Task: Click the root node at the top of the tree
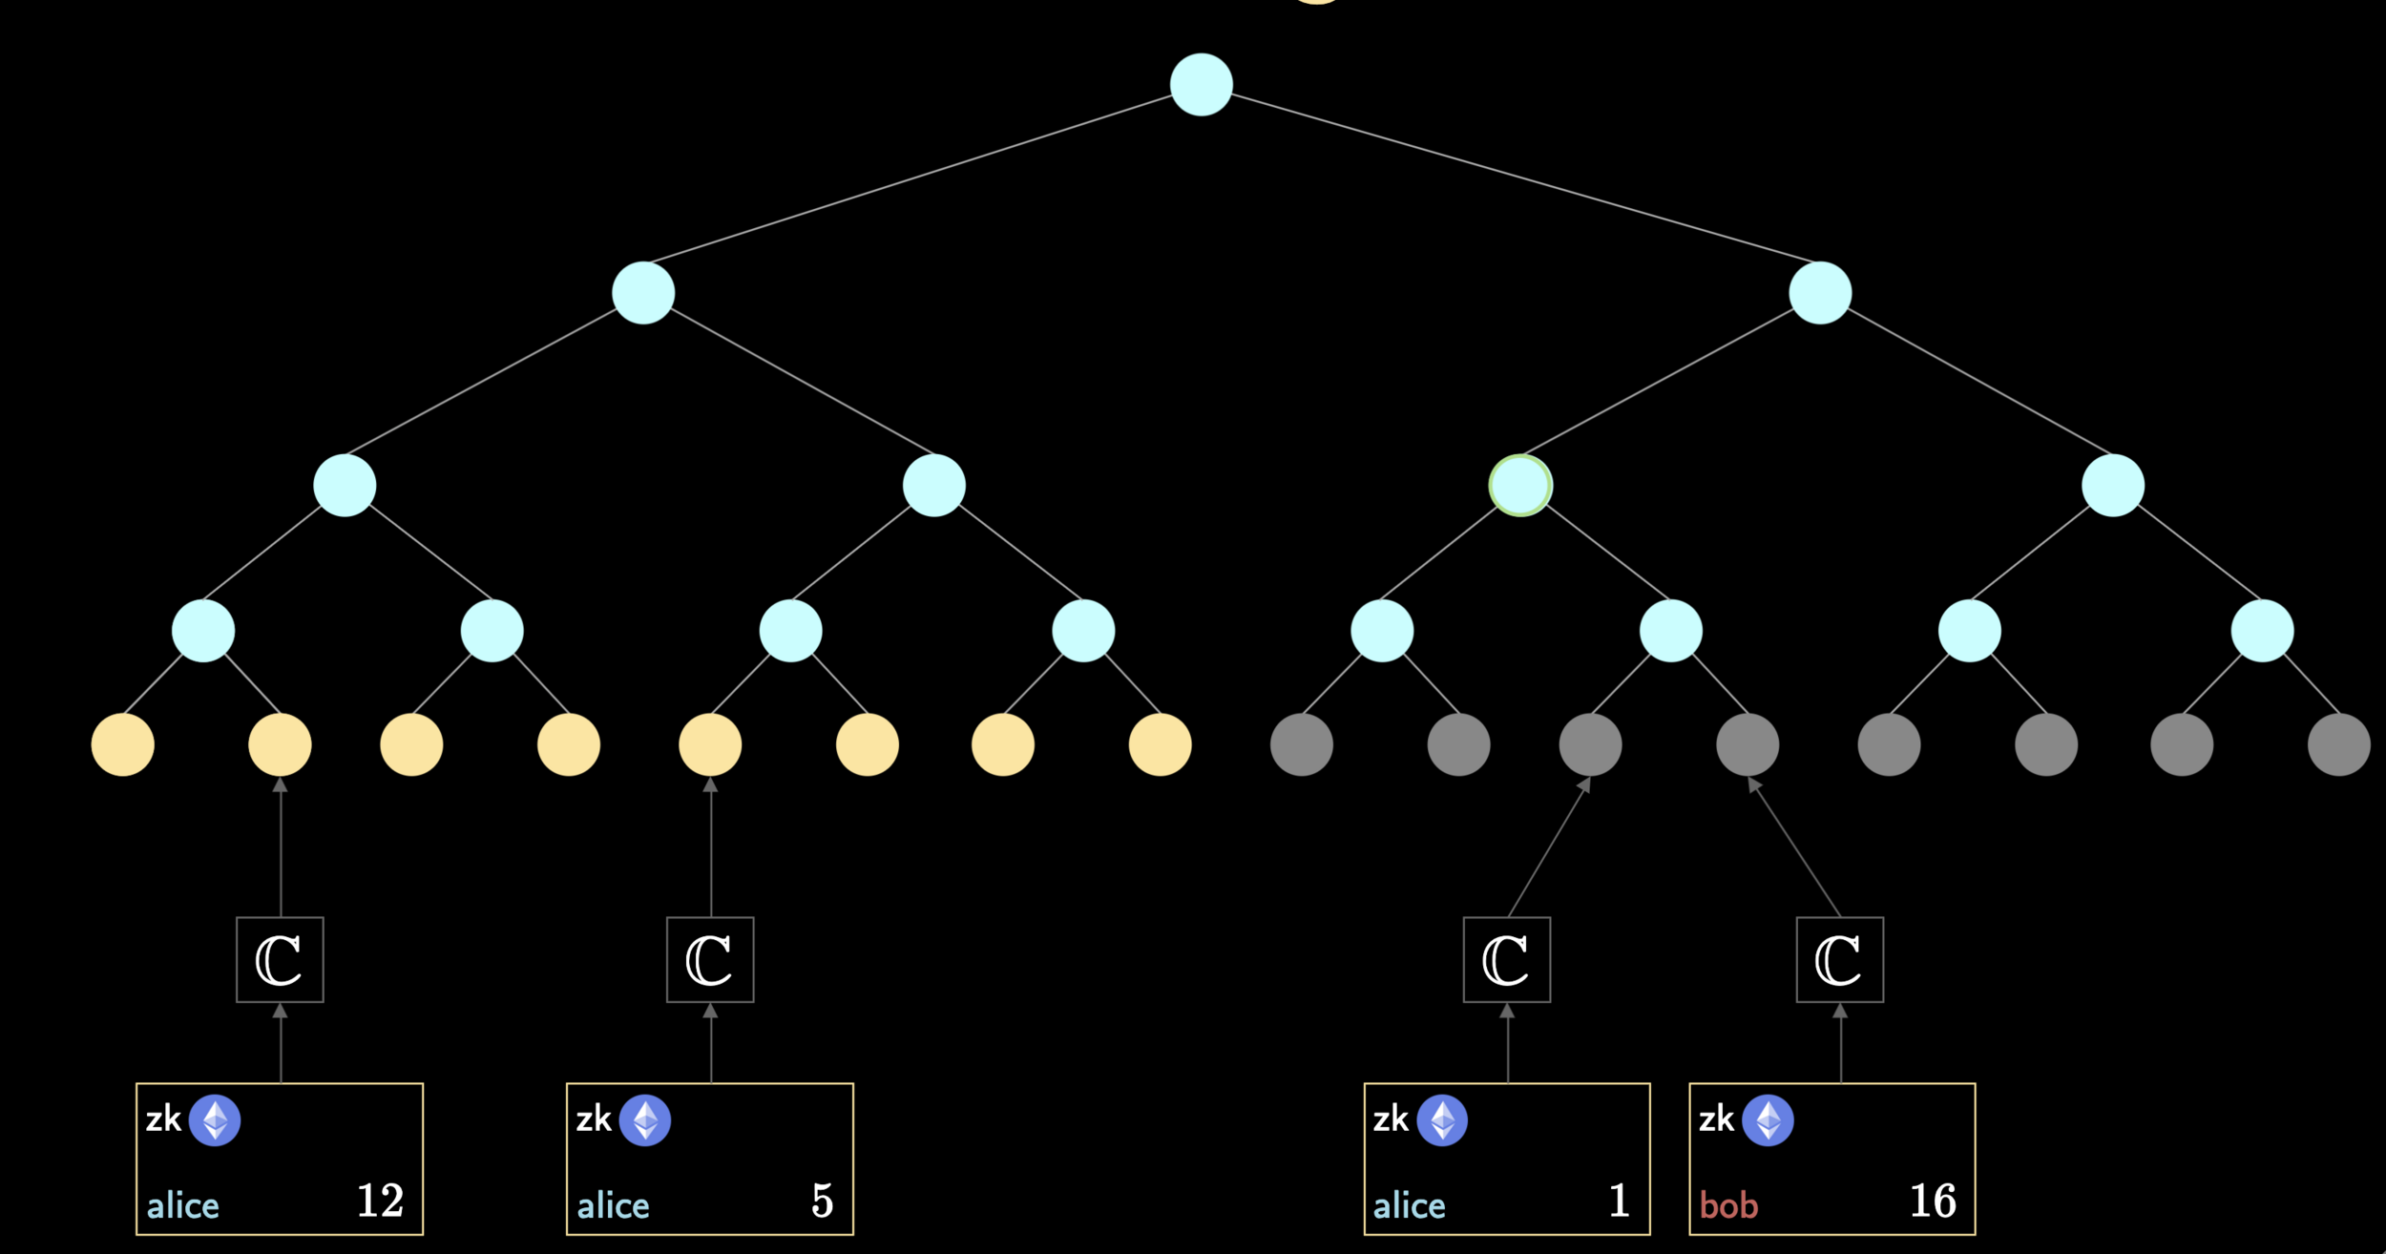1201,84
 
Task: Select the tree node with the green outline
1520,485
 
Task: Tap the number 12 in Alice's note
380,1201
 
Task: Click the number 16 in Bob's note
1933,1201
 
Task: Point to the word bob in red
1728,1205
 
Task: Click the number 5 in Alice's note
822,1201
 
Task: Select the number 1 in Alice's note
1619,1201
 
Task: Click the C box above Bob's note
1839,960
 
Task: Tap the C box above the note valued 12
280,960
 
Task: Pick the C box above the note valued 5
710,960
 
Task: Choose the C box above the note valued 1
1507,960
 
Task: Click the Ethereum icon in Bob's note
1768,1119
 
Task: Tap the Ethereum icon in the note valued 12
215,1119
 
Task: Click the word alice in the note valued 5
613,1205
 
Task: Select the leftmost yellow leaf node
123,744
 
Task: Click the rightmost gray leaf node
2338,744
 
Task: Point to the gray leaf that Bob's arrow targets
1748,744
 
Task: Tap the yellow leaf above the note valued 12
280,744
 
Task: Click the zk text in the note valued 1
1391,1118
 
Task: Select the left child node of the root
643,293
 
